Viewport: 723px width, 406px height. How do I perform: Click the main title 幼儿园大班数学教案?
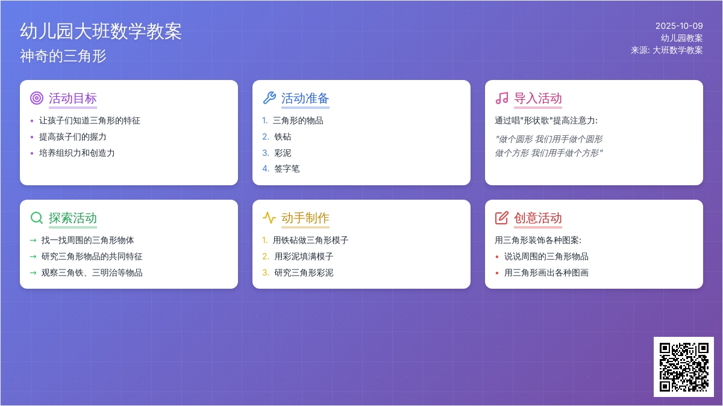(101, 31)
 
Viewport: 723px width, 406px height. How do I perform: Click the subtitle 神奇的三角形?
(63, 56)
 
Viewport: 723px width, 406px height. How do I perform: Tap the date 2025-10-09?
(679, 26)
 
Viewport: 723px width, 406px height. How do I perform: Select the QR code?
(684, 367)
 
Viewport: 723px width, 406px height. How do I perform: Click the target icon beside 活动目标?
(37, 98)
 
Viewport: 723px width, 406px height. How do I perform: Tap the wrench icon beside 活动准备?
(269, 98)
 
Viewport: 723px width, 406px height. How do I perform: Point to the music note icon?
(502, 98)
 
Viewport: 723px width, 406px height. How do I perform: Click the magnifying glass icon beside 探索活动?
(37, 218)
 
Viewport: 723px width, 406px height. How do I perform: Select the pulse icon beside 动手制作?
(269, 218)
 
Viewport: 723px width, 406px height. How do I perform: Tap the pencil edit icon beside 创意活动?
(502, 218)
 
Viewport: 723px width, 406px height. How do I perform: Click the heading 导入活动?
(538, 99)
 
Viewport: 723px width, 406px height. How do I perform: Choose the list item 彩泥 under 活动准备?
(283, 153)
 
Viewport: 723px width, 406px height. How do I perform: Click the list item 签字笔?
(287, 169)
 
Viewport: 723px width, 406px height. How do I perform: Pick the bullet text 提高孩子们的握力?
(73, 137)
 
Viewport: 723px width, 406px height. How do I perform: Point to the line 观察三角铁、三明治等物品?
(92, 272)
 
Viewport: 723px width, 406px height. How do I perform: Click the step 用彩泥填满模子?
(304, 256)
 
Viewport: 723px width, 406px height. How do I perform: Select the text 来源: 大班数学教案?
(667, 51)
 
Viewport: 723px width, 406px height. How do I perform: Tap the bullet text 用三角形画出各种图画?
(546, 272)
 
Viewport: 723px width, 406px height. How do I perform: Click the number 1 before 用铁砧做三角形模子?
(264, 240)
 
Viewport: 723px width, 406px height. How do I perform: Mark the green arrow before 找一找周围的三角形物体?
(33, 240)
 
